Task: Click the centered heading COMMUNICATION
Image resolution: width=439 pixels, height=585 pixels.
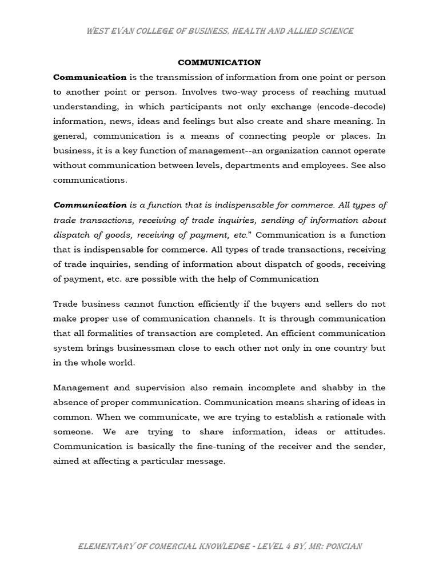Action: (219, 62)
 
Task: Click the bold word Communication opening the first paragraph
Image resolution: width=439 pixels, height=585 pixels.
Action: (90, 77)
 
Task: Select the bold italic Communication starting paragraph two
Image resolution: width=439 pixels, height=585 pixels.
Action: (90, 205)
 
